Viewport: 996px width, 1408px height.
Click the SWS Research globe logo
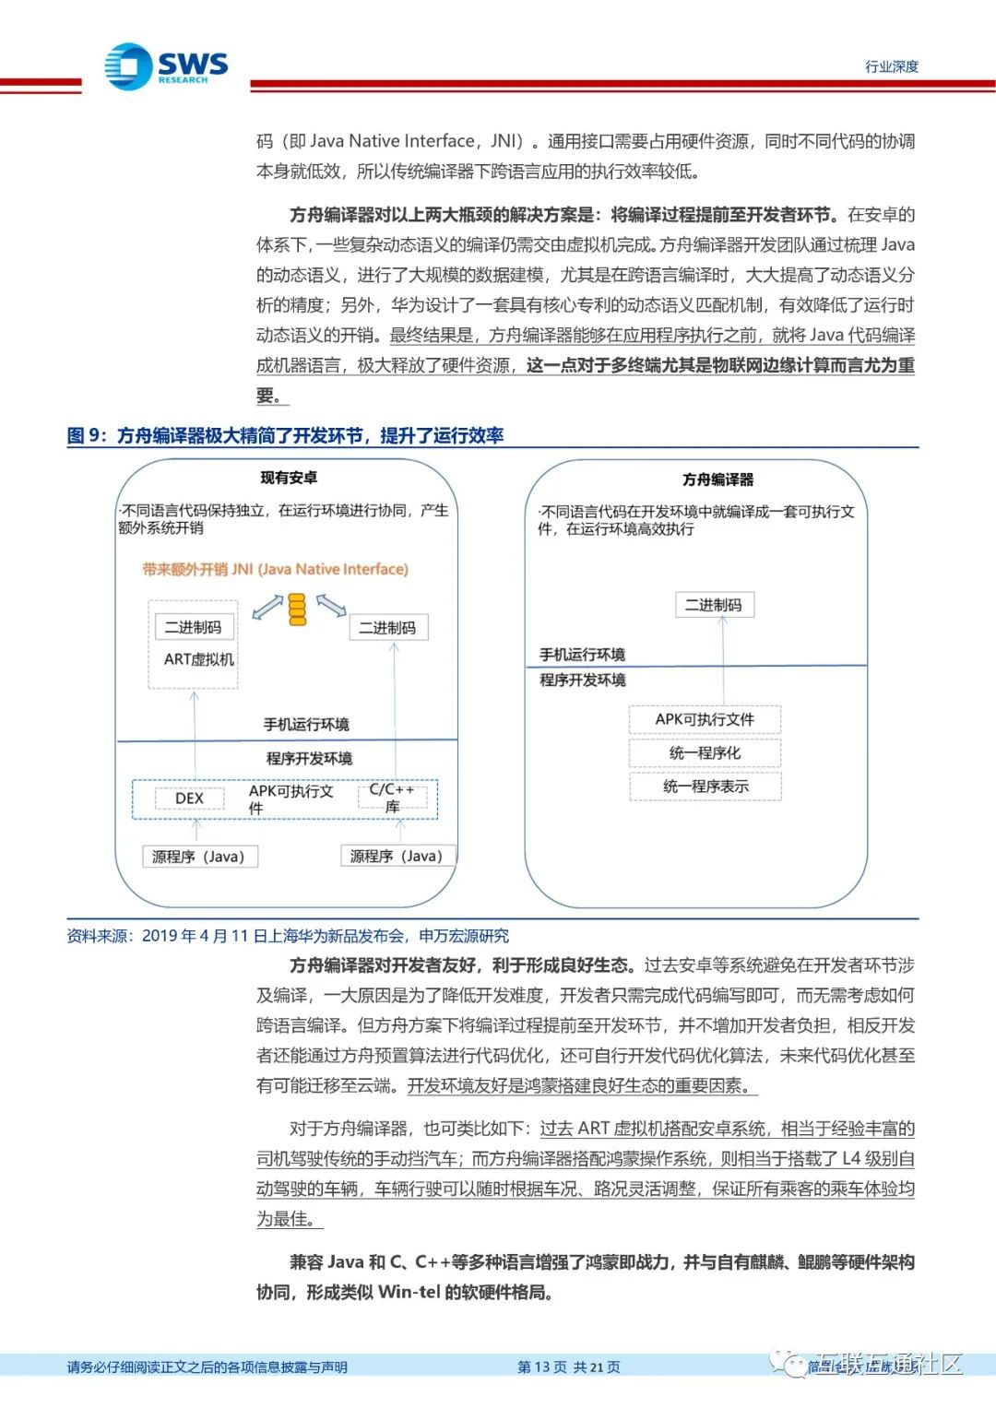(128, 66)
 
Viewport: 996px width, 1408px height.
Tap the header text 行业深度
(891, 66)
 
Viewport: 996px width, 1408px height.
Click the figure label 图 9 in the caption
(87, 435)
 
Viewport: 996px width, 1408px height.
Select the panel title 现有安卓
(289, 478)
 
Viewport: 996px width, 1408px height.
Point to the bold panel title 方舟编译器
(717, 479)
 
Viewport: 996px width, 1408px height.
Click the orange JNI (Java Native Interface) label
(275, 570)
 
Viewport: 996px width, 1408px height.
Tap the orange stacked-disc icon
(297, 609)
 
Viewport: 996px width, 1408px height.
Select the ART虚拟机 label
(198, 659)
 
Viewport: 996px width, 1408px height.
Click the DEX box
(189, 799)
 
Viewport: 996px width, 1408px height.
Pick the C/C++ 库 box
(392, 799)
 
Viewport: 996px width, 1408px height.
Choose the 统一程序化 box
(705, 753)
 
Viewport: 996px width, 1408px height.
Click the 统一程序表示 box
(705, 787)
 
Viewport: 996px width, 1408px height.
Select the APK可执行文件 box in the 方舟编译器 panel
(705, 719)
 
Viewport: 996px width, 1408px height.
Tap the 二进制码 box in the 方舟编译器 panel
(713, 605)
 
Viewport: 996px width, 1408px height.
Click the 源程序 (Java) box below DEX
(198, 857)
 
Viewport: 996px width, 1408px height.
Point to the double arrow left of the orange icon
(267, 607)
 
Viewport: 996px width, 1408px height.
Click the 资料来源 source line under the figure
(287, 936)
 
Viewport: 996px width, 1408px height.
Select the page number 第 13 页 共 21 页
(568, 1367)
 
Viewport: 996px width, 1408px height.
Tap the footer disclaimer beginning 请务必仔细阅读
(207, 1367)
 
